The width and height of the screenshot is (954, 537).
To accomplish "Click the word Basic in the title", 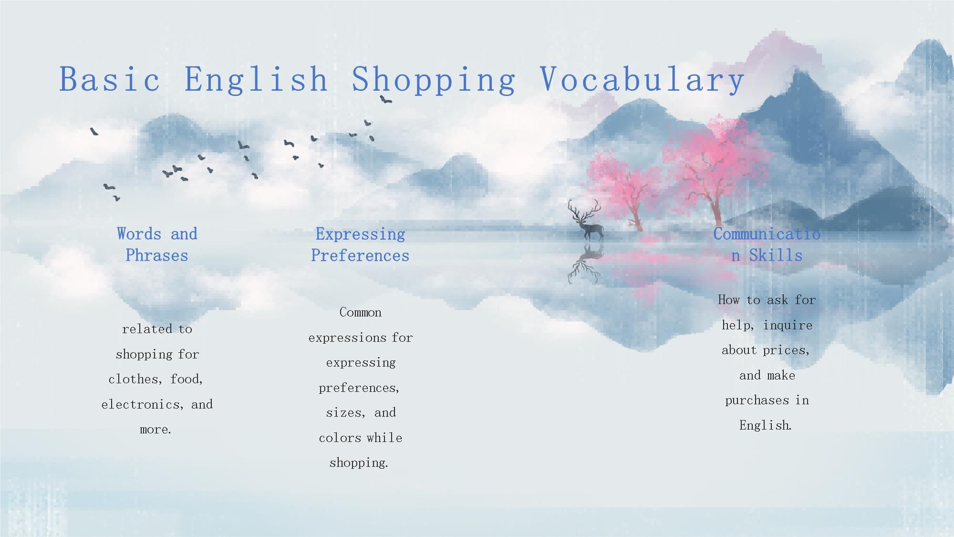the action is click(x=110, y=79).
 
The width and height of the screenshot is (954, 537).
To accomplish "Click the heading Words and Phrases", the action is click(x=157, y=244).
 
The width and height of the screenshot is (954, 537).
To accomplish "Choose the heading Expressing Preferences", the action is click(x=360, y=244).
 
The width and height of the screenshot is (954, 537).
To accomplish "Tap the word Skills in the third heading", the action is click(x=776, y=255).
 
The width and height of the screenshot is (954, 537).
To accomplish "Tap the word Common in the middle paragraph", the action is click(x=361, y=312).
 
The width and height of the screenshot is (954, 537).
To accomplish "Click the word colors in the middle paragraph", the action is click(x=340, y=438).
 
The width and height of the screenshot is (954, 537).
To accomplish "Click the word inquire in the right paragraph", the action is click(x=788, y=326).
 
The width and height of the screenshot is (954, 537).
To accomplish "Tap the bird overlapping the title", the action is click(x=385, y=99).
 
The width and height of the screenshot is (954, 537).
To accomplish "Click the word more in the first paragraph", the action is click(x=156, y=430).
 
